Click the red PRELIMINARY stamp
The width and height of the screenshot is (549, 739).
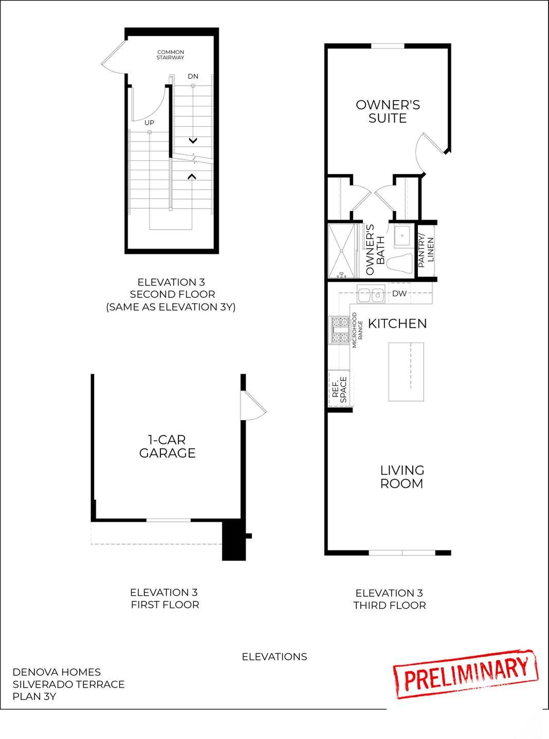(x=465, y=674)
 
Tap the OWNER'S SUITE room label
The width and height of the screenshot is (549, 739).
(x=388, y=111)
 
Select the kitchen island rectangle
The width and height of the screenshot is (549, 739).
(x=406, y=371)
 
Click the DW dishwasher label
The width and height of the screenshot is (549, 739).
(x=399, y=294)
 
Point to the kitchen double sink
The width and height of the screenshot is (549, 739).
(x=371, y=295)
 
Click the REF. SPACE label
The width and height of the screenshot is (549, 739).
(x=339, y=389)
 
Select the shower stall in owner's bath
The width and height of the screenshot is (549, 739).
(x=342, y=251)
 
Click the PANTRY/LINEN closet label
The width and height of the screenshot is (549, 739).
(x=426, y=251)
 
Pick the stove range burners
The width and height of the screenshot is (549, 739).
(x=339, y=330)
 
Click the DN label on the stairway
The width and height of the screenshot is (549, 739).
(x=193, y=77)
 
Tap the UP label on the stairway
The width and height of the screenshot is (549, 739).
(x=149, y=123)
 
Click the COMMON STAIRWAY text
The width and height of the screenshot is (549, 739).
(x=170, y=55)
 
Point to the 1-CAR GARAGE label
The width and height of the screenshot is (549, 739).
(x=167, y=446)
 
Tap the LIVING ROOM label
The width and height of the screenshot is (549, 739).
(x=401, y=477)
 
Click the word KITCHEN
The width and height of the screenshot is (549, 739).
(x=397, y=324)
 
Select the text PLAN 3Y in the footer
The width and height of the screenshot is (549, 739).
(x=34, y=697)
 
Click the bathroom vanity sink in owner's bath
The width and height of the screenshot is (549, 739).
(x=401, y=236)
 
